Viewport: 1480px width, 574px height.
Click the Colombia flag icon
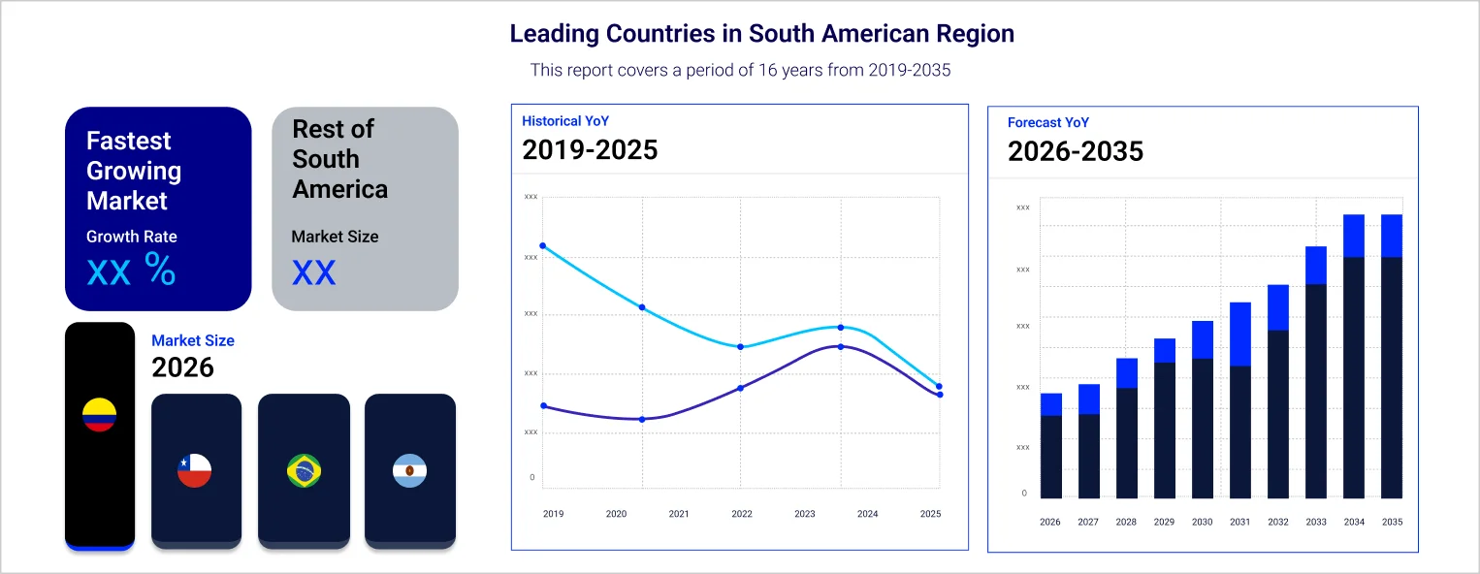point(99,415)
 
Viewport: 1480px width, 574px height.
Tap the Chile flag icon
point(195,470)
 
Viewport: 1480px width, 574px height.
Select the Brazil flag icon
point(304,470)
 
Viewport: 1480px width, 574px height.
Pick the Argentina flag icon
point(409,470)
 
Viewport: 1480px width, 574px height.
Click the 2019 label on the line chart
point(553,514)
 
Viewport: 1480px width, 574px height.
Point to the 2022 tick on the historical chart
point(742,514)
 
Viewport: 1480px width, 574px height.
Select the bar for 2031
point(1240,400)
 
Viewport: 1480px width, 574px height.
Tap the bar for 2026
point(1050,446)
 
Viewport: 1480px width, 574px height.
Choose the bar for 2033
point(1316,372)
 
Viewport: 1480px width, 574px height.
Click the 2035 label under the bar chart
point(1392,522)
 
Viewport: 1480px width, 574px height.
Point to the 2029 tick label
point(1164,522)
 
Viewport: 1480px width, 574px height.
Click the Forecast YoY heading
point(1048,123)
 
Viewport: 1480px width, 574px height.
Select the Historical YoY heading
point(565,121)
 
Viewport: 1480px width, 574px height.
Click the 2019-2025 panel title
point(590,150)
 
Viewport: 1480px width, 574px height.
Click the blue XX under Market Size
point(314,273)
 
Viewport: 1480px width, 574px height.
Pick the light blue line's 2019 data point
point(543,246)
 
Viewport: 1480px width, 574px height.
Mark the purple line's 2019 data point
point(543,406)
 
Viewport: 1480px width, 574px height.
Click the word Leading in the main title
point(553,34)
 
